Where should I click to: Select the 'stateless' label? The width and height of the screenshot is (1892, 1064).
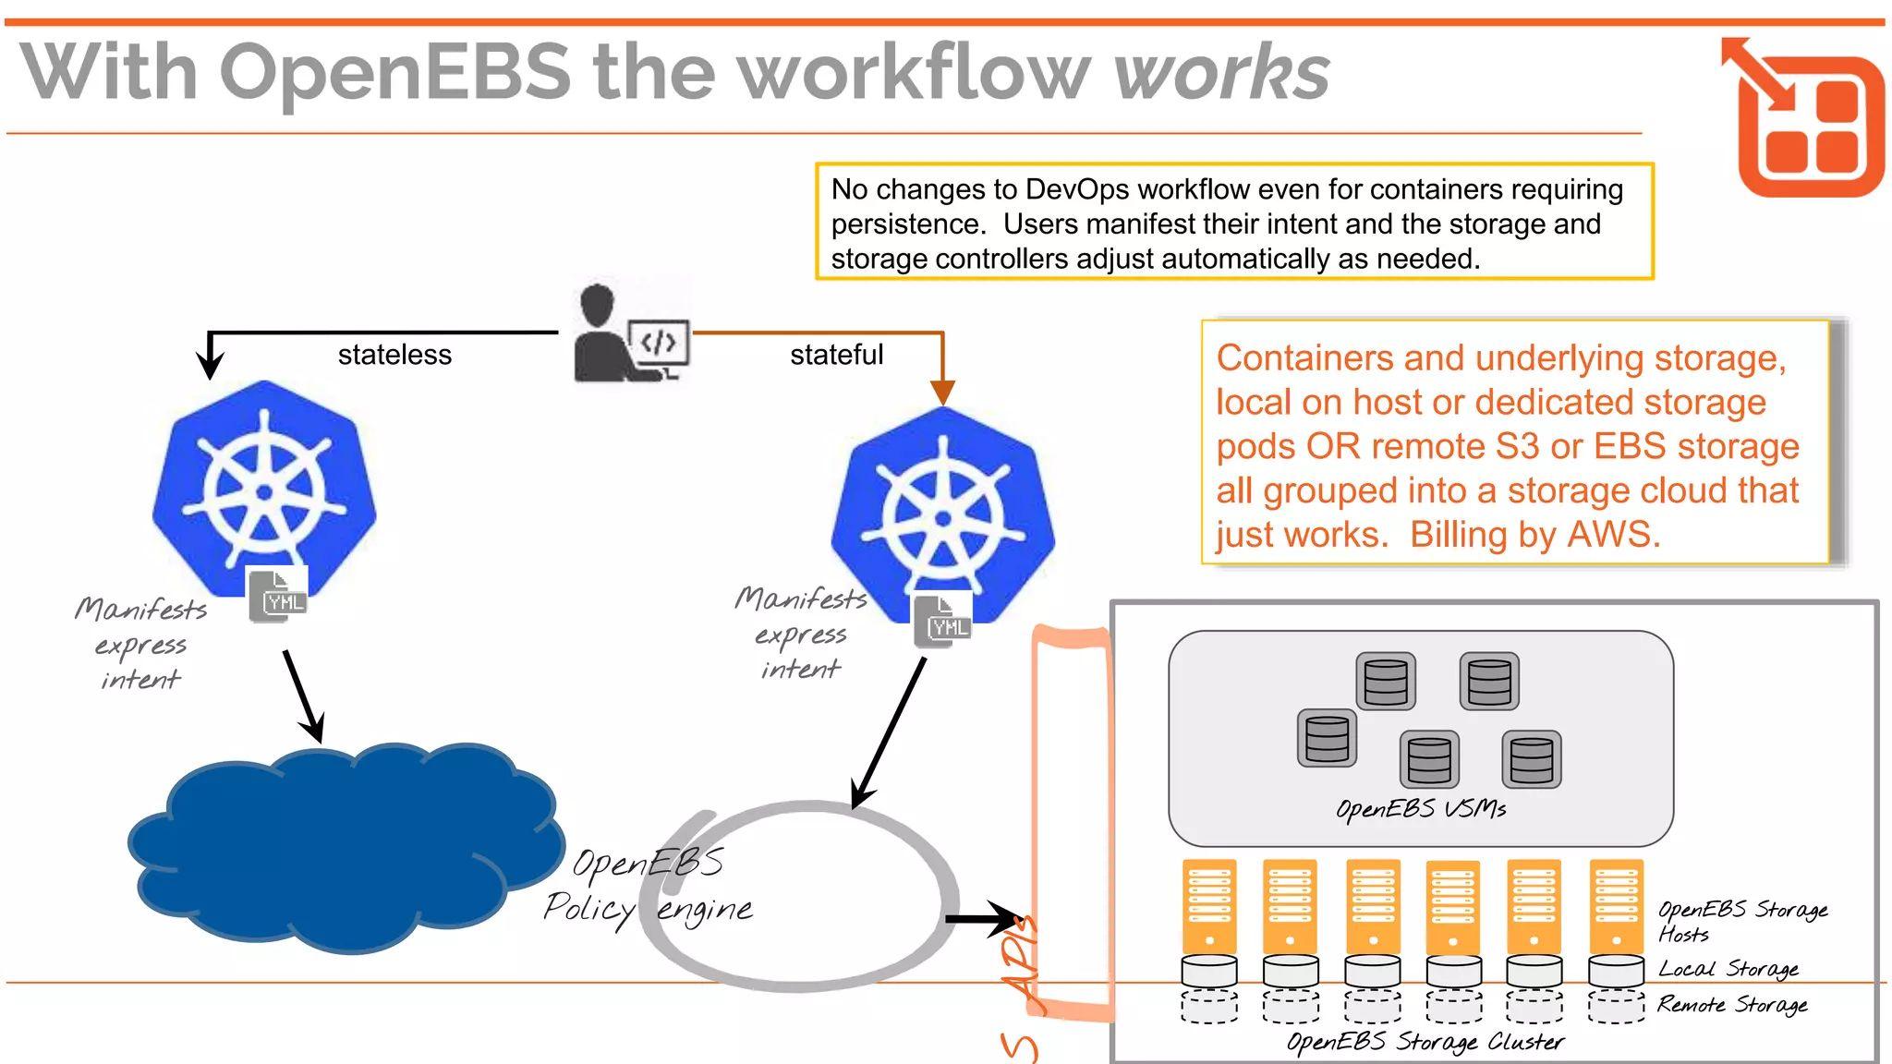point(394,355)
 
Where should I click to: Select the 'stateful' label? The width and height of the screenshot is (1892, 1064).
point(836,355)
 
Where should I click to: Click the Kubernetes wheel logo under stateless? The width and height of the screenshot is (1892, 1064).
point(264,490)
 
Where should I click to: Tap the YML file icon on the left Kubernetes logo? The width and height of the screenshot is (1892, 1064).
point(278,596)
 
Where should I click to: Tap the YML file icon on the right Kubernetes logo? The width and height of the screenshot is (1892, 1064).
point(943,621)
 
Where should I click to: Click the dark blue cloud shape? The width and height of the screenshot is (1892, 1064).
point(346,850)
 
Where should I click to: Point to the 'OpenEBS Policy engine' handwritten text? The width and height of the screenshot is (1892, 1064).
point(647,887)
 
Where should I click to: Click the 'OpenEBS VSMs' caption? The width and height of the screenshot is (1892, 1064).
point(1420,810)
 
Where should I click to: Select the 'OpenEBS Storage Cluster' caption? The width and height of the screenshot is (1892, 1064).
point(1425,1042)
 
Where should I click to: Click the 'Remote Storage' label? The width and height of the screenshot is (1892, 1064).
point(1731,1004)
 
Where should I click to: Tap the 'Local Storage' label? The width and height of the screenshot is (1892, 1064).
point(1728,969)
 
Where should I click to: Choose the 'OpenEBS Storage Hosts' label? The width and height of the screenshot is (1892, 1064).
point(1740,921)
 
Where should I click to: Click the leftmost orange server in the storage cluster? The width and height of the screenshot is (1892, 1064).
point(1209,906)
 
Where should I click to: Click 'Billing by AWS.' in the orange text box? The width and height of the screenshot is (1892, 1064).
point(1534,535)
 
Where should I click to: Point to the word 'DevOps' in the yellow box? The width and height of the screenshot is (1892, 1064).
point(1077,189)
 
